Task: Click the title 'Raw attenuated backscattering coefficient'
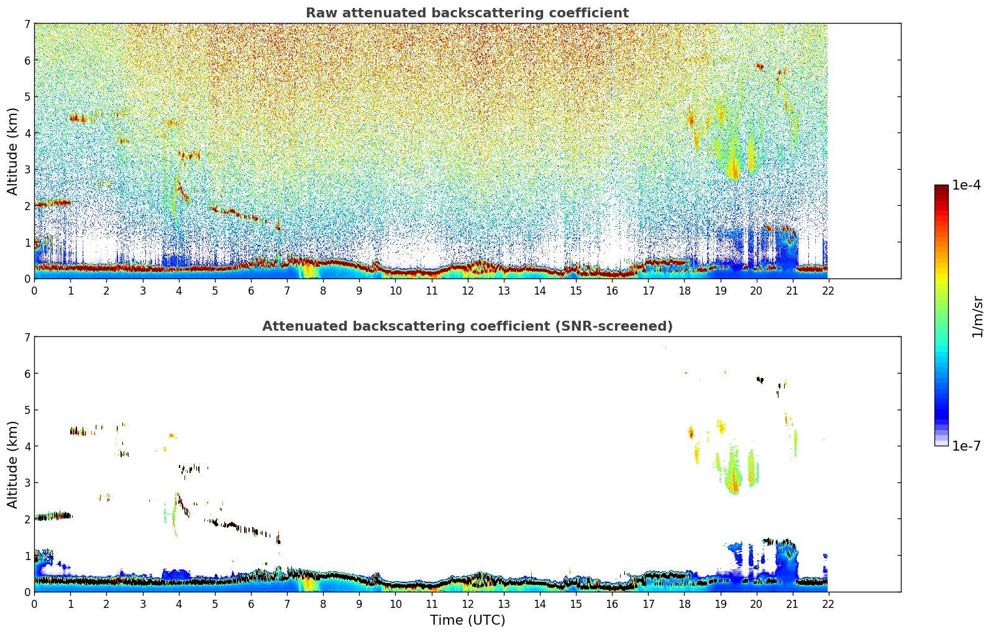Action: point(467,13)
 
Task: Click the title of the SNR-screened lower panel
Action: point(467,326)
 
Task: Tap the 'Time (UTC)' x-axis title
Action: point(467,620)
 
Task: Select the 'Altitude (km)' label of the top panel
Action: point(12,151)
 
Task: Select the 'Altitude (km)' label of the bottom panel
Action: point(12,464)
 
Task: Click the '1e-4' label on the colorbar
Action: point(966,185)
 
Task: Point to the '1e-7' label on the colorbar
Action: point(966,446)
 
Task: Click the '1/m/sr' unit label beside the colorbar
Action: point(977,316)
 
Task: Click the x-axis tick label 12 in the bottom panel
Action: point(467,604)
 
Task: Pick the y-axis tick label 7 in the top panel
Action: point(27,24)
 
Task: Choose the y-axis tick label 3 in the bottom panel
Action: point(27,483)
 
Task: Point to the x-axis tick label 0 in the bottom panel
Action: point(34,604)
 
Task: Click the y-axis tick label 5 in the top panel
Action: point(27,97)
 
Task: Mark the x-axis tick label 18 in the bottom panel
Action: point(684,604)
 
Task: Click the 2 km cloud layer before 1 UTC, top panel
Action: point(52,203)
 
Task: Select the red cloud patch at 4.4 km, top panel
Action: point(78,117)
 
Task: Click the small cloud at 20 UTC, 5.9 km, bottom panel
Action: point(760,379)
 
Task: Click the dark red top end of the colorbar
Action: point(941,188)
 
